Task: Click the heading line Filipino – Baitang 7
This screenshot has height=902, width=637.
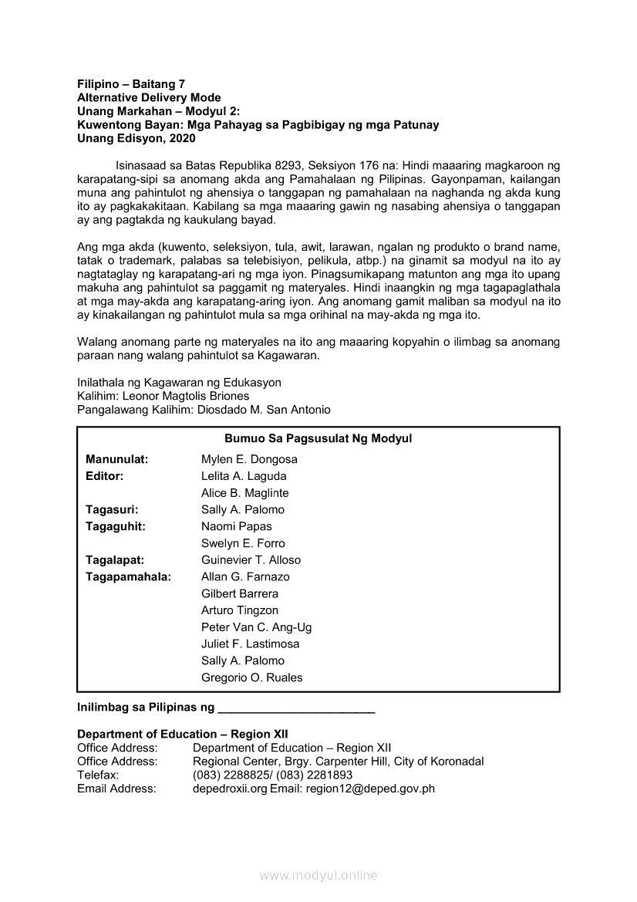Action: [x=131, y=84]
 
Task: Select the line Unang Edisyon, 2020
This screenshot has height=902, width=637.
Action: [x=136, y=139]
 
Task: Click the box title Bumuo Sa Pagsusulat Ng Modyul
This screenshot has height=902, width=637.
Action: [x=318, y=438]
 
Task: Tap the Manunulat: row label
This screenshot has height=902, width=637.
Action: [x=117, y=459]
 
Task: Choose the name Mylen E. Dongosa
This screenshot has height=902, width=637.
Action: [x=249, y=459]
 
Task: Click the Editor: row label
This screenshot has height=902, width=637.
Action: [x=105, y=476]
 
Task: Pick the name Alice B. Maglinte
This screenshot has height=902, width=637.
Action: [x=244, y=493]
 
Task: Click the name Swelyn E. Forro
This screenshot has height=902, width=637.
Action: [x=243, y=543]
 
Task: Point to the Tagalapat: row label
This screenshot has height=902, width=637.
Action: [x=115, y=560]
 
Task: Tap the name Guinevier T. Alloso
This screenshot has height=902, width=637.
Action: [x=251, y=560]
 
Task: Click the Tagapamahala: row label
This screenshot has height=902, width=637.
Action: [x=128, y=576]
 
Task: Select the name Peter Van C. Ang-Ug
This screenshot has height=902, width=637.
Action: [x=256, y=627]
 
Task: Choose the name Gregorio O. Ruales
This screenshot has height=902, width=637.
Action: [x=251, y=677]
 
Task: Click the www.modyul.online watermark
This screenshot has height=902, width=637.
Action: [x=318, y=875]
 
